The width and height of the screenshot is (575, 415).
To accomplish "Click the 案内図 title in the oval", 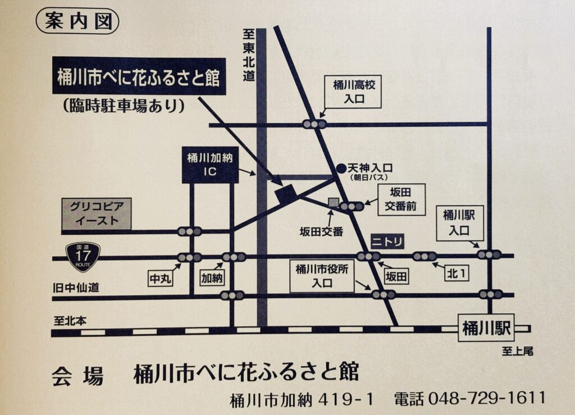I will point(77,21).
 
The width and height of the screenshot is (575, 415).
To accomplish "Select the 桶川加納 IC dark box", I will point(209,165).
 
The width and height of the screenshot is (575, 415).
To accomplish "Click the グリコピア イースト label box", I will point(96,214).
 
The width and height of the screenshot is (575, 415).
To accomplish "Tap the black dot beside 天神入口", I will point(340,168).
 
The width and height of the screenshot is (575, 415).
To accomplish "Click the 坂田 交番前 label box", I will point(400,200).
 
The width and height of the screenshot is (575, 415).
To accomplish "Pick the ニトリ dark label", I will point(387,241).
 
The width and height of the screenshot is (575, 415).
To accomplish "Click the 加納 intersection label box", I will point(212,277).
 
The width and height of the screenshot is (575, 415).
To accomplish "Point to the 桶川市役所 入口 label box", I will point(322,276).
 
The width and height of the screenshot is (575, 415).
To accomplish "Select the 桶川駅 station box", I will point(486,328).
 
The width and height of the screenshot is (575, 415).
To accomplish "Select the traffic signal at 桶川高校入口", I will point(314,124).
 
